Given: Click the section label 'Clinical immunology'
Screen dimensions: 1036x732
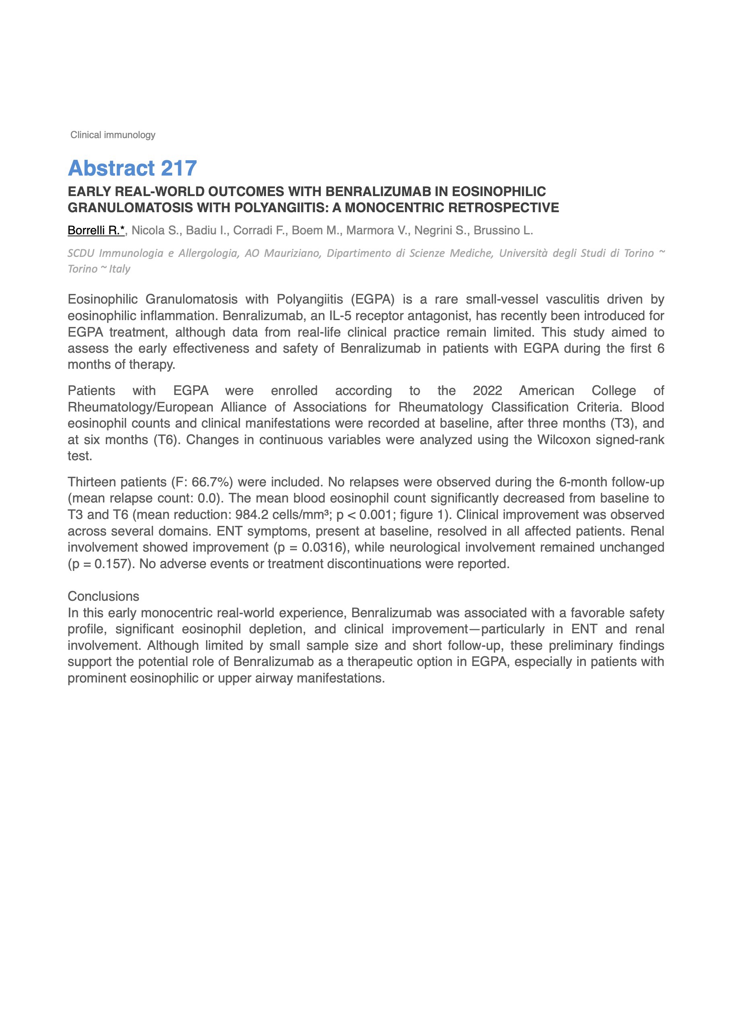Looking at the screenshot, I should (113, 135).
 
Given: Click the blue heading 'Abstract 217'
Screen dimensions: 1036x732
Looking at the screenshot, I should (132, 168).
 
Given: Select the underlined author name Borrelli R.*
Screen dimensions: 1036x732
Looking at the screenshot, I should (96, 231).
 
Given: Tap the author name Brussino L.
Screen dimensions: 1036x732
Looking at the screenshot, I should (503, 231).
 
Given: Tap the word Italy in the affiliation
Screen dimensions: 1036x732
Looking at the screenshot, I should (120, 269).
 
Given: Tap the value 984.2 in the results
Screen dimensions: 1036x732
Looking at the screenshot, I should (252, 515).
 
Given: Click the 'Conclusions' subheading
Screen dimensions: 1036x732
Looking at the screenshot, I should (103, 596).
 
